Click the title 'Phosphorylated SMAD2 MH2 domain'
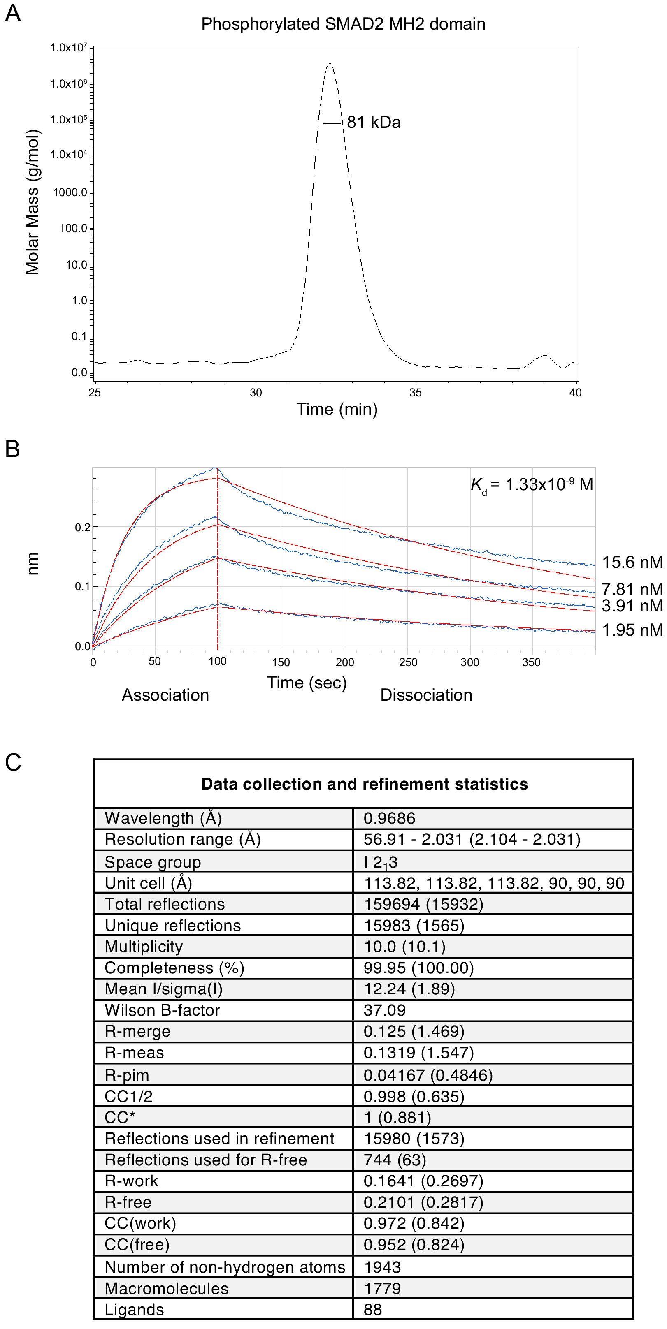(343, 24)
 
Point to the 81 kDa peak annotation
(373, 122)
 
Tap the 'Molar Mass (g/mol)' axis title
(32, 202)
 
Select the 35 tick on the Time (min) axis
(415, 393)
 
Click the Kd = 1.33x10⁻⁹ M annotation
(532, 484)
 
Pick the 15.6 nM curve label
(632, 562)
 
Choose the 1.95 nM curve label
(632, 630)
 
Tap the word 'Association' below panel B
(165, 695)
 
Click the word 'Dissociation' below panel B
(426, 695)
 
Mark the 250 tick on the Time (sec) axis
(408, 662)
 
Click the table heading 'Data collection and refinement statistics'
(365, 784)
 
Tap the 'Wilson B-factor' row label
(162, 1009)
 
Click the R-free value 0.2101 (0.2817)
(423, 1202)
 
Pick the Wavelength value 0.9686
(389, 818)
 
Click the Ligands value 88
(373, 1309)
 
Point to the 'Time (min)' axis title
(337, 409)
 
